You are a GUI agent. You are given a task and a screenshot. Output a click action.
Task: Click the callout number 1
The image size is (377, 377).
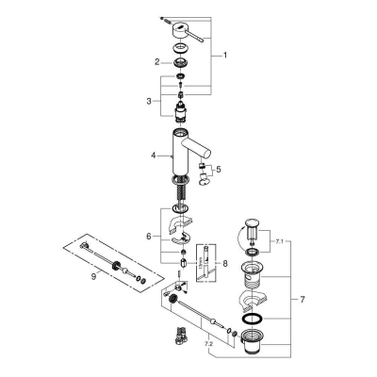(225, 56)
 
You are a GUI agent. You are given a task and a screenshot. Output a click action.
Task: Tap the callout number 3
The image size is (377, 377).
(147, 99)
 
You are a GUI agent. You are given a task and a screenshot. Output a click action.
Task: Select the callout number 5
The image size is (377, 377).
(220, 170)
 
